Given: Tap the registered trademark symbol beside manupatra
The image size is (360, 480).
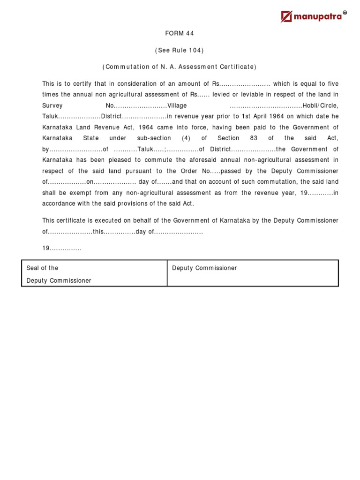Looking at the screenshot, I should tap(345, 13).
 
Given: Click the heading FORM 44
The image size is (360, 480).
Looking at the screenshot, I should tap(180, 33).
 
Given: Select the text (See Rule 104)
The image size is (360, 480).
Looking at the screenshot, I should tap(180, 50).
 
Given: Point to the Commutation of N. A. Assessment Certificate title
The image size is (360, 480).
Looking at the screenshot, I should tap(180, 67).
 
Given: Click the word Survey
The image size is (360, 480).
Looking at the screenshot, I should tap(52, 105).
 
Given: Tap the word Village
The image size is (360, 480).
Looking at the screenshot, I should tap(177, 105).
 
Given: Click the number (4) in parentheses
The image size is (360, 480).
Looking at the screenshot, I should tap(186, 138).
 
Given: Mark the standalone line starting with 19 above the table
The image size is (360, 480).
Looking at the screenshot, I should tap(62, 248).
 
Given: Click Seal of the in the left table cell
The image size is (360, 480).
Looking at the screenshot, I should tap(43, 268).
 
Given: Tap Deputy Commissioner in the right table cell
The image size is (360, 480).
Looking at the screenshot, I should tap(204, 268).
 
